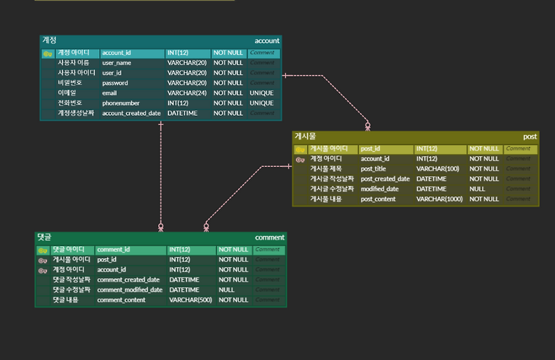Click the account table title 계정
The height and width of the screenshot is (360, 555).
pos(49,40)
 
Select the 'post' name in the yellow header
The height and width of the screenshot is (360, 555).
pos(529,137)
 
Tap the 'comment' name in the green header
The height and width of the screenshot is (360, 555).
pos(270,237)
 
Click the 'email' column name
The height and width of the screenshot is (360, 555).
pos(110,93)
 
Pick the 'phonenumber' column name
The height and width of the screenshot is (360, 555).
pos(121,103)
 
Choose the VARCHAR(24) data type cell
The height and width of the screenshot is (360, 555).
pos(187,93)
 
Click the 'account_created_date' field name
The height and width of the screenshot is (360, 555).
pos(131,113)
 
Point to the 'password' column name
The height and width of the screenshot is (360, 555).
pos(115,83)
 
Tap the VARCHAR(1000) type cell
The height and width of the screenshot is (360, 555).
pos(438,199)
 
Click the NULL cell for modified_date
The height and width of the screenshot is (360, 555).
pos(477,189)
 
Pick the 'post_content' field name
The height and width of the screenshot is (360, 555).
pos(378,199)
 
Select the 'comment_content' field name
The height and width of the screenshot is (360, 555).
pos(121,300)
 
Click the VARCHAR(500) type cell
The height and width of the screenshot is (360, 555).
pos(189,300)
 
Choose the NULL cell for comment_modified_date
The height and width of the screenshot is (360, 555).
pos(227,290)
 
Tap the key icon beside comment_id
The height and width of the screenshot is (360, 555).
pos(43,250)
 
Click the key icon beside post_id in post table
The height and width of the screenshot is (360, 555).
pos(300,149)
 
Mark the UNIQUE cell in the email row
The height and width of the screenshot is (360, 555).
pos(262,93)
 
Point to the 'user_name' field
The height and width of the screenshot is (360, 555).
pos(117,62)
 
